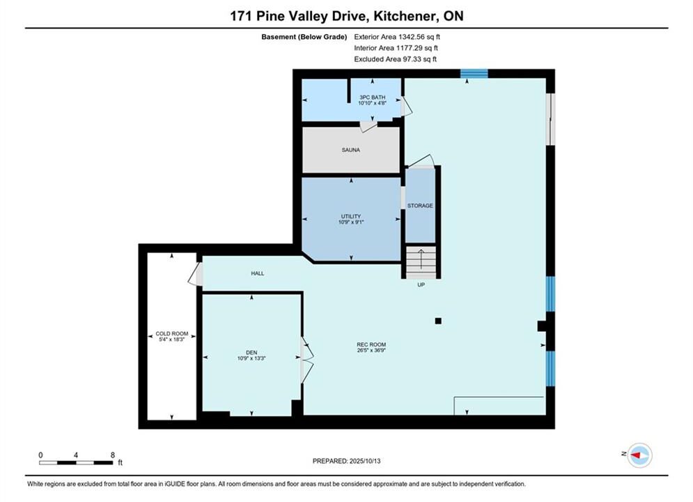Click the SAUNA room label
[x=350, y=150]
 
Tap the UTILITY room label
[x=351, y=216]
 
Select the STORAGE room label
[x=420, y=206]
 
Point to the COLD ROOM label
[x=172, y=333]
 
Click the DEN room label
[x=251, y=353]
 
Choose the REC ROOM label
[x=371, y=344]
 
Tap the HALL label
[x=258, y=273]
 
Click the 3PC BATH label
[x=372, y=98]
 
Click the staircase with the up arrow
[x=421, y=262]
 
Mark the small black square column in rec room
[x=438, y=321]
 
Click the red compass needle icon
[x=636, y=455]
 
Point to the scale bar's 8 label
[x=113, y=455]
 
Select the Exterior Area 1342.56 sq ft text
[x=397, y=37]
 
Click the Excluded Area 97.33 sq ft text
[x=395, y=59]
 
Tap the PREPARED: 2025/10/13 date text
[x=347, y=461]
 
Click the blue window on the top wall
[x=474, y=73]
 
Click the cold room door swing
[x=195, y=274]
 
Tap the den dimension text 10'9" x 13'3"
[x=251, y=358]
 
